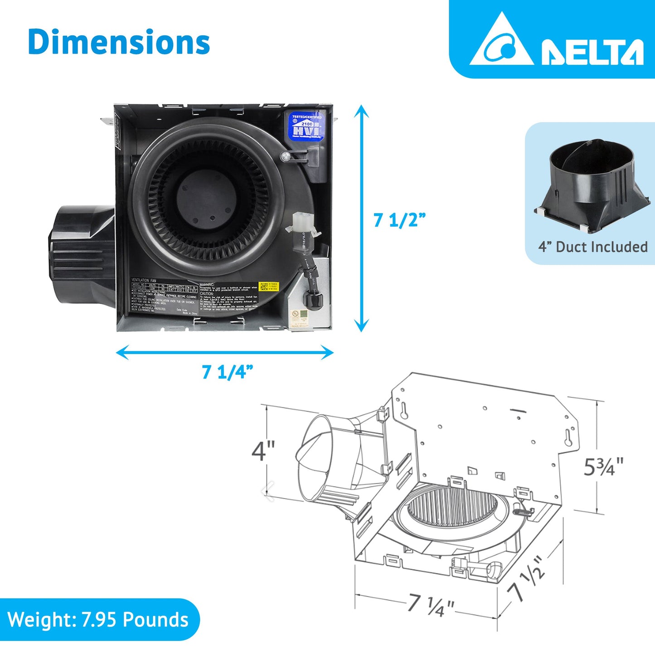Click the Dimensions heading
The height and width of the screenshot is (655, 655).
pyautogui.click(x=119, y=42)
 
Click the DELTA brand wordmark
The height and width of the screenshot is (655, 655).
pyautogui.click(x=592, y=52)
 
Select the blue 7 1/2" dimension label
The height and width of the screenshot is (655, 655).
pyautogui.click(x=399, y=220)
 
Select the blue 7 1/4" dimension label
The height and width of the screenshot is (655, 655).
pyautogui.click(x=227, y=372)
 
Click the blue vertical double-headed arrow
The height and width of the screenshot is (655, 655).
pyautogui.click(x=361, y=218)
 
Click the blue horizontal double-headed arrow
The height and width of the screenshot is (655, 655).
pyautogui.click(x=225, y=352)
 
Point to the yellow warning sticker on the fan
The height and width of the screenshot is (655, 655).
pyautogui.click(x=268, y=287)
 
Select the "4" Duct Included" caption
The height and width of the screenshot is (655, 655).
pyautogui.click(x=592, y=247)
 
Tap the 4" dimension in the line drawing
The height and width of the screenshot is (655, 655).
pyautogui.click(x=263, y=451)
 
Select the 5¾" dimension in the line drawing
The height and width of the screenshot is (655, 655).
pyautogui.click(x=603, y=467)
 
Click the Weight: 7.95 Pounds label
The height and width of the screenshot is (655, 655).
pyautogui.click(x=98, y=620)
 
